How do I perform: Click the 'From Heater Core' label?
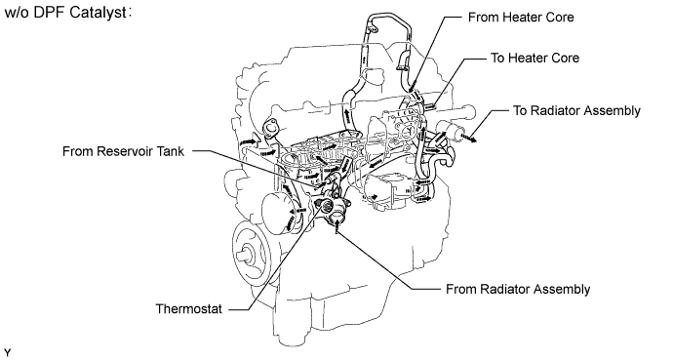(x=521, y=18)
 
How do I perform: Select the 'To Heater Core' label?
(x=534, y=58)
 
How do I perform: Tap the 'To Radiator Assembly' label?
(x=576, y=110)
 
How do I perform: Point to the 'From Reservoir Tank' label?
(x=123, y=151)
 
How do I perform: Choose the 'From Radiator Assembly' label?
(x=518, y=289)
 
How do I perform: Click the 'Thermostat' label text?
(x=189, y=309)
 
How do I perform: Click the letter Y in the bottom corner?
(x=7, y=353)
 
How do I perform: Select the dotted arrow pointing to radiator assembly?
(x=468, y=138)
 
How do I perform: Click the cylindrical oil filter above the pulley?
(x=278, y=214)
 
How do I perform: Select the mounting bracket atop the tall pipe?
(x=373, y=28)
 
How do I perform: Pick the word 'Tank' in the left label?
(x=172, y=151)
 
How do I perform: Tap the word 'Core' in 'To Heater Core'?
(x=564, y=58)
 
